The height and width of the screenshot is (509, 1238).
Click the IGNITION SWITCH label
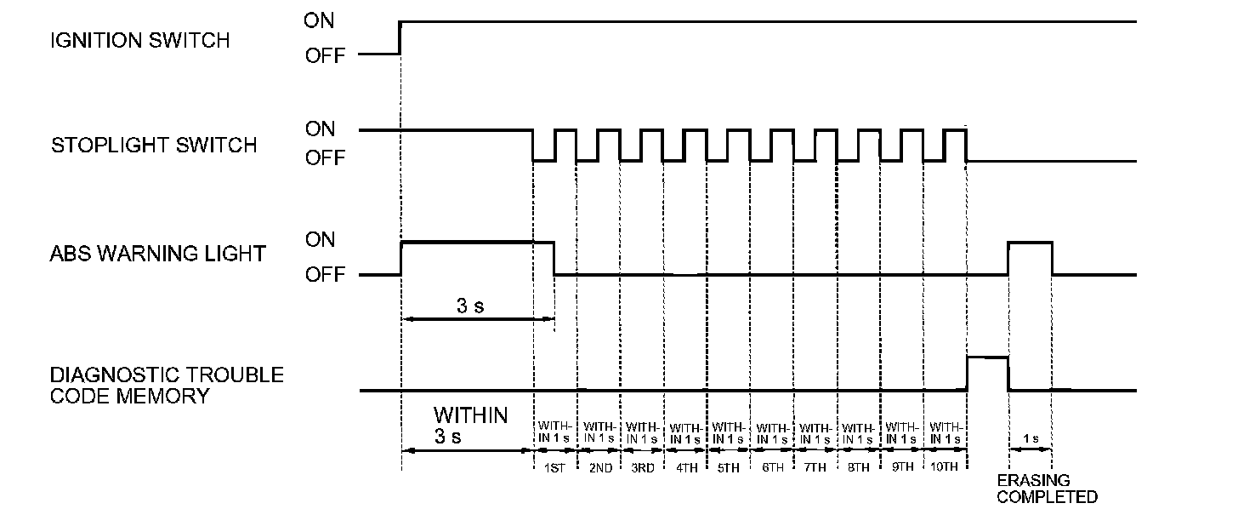click(140, 40)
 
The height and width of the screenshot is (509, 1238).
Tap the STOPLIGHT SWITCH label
click(154, 145)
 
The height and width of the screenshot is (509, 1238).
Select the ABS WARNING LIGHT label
click(158, 253)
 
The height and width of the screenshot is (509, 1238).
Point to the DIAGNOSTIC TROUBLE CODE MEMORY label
click(167, 385)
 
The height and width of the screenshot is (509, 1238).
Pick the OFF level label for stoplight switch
click(326, 158)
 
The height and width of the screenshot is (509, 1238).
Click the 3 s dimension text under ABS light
click(469, 306)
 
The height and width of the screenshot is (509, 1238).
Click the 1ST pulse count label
click(554, 468)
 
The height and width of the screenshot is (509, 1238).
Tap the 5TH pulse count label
click(729, 468)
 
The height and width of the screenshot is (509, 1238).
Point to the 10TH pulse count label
click(945, 468)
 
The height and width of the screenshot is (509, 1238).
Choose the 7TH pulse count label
click(815, 468)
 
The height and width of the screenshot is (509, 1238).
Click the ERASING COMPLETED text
click(1047, 489)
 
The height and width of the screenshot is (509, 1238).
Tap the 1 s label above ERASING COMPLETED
click(1030, 438)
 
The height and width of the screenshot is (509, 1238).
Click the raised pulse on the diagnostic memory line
click(987, 358)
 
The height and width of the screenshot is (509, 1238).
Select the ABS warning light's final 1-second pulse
click(1030, 243)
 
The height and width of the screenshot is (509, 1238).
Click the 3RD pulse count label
click(642, 468)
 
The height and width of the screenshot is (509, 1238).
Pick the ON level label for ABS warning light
click(321, 239)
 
